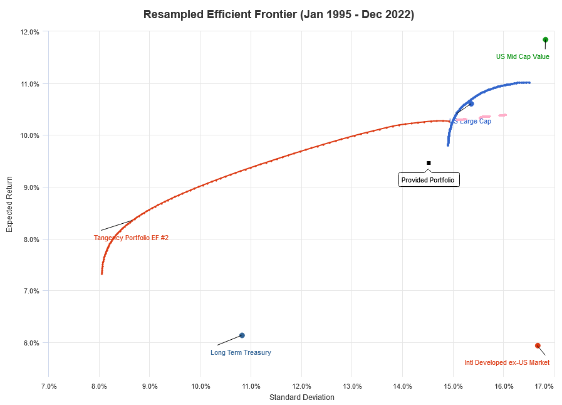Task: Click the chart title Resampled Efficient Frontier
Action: point(279,14)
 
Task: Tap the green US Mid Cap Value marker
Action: point(545,39)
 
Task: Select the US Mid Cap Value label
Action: point(523,56)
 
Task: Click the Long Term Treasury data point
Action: point(242,335)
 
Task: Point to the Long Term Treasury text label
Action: point(241,352)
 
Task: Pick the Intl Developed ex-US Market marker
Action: point(538,345)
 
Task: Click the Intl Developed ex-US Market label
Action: point(507,362)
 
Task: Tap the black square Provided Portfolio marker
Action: point(429,163)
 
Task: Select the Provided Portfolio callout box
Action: point(429,180)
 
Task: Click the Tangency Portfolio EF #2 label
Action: point(132,238)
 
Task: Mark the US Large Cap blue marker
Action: point(471,104)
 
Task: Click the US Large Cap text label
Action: point(471,121)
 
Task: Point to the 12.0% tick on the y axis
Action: point(31,32)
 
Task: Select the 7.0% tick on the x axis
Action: point(49,386)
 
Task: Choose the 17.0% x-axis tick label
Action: point(544,386)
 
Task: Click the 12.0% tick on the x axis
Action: point(301,386)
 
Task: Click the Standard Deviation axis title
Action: point(301,397)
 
